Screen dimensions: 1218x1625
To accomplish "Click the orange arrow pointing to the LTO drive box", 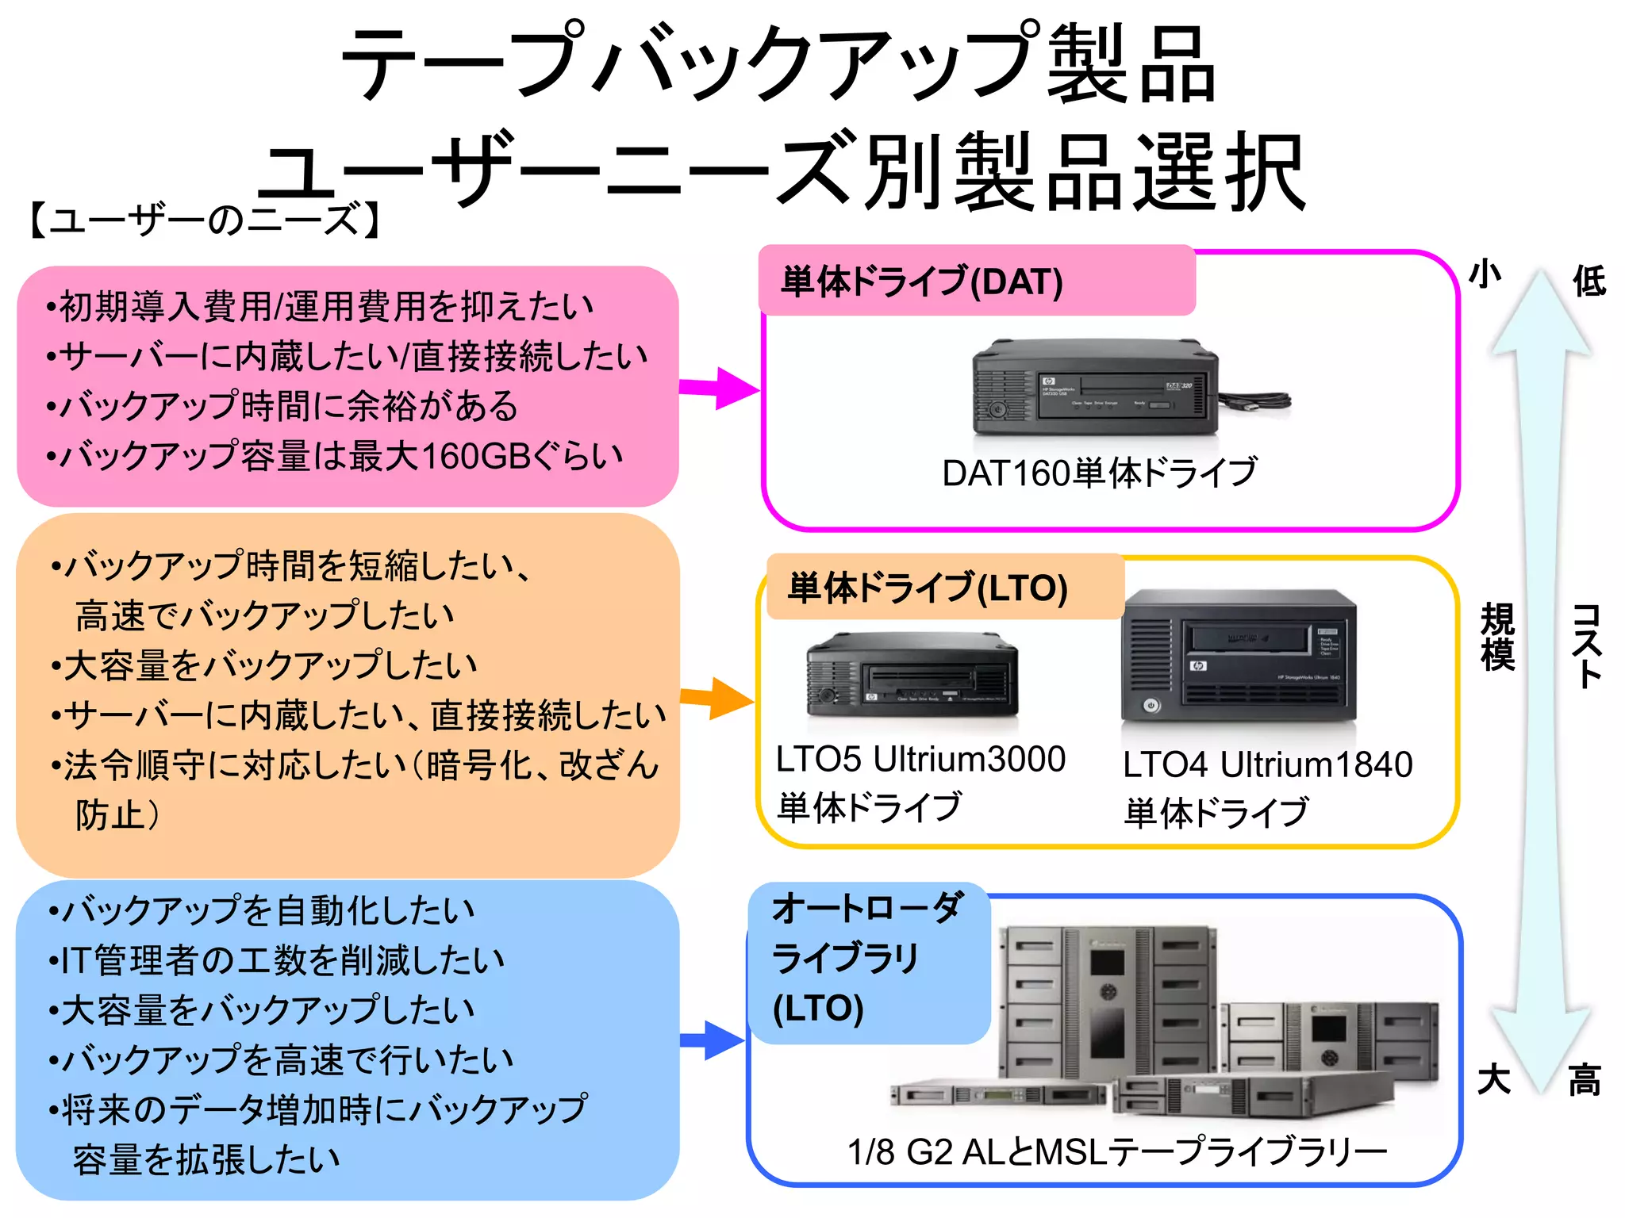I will coord(718,698).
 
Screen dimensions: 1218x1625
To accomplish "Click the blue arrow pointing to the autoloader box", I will coord(714,1040).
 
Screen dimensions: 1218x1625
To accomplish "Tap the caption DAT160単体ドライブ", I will coord(1100,473).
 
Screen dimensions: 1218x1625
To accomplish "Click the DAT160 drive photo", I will coord(1095,389).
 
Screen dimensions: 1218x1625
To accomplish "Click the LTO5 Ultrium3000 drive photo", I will coord(912,674).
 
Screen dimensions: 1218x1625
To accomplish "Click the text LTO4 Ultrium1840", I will coord(1267,765).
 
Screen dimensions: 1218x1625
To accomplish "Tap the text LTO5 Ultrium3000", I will coord(920,760).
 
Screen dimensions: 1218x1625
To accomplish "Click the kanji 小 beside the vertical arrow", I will coord(1485,274).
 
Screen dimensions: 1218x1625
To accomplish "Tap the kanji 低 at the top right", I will coord(1589,281).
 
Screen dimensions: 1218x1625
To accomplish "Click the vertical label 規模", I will coord(1497,637).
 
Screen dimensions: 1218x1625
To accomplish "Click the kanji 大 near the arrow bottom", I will coord(1494,1079).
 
